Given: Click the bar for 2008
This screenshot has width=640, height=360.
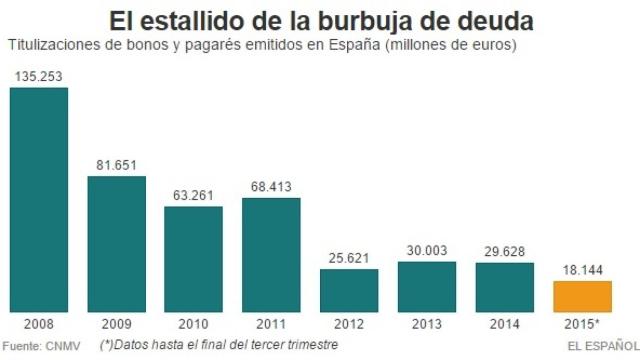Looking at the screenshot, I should point(39,199).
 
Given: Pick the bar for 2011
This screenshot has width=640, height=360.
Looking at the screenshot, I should point(271,254).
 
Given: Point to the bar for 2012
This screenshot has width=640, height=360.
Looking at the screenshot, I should point(349,289).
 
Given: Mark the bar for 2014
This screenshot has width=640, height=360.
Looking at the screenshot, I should point(504,286).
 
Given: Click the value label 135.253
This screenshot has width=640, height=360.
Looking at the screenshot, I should point(39,76).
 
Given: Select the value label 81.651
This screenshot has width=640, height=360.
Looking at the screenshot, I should point(116,164).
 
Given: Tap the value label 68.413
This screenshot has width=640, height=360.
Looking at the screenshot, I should point(271,185).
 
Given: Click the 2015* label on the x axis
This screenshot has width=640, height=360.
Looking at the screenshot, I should point(583,325).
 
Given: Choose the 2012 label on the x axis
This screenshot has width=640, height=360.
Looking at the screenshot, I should point(349,325).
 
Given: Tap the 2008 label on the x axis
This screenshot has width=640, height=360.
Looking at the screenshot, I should point(39,325).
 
